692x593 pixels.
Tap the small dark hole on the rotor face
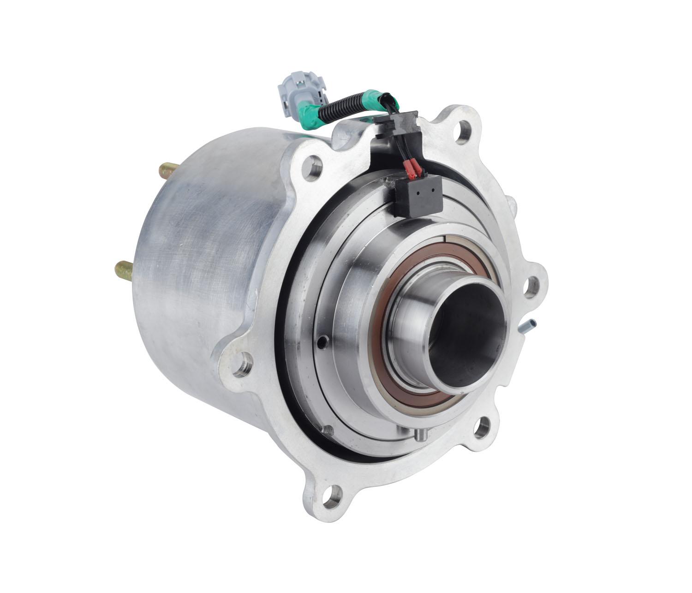(322, 341)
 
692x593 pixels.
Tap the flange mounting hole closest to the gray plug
(315, 164)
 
